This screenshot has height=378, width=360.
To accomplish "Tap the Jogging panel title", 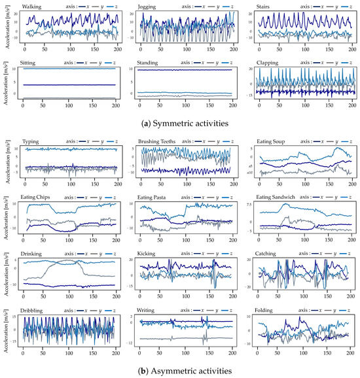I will [x=148, y=6].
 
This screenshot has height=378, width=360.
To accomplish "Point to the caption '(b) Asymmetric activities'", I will [x=181, y=371].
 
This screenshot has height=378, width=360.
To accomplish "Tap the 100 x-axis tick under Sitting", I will [x=69, y=105].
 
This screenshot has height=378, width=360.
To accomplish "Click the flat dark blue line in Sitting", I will [x=69, y=84].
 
